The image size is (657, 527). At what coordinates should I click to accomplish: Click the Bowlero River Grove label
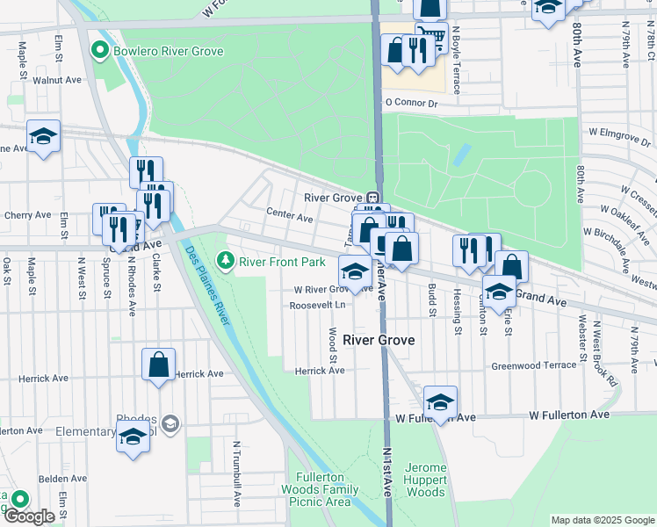pyautogui.click(x=168, y=51)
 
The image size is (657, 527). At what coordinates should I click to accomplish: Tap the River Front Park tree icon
pyautogui.click(x=227, y=260)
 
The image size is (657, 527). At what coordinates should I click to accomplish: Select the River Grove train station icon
pyautogui.click(x=372, y=198)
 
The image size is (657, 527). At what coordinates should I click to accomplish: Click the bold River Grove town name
pyautogui.click(x=379, y=339)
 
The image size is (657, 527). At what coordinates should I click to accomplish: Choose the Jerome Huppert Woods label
pyautogui.click(x=426, y=480)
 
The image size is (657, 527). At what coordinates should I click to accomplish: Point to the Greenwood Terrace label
pyautogui.click(x=533, y=365)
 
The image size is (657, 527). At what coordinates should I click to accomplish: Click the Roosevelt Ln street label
pyautogui.click(x=318, y=306)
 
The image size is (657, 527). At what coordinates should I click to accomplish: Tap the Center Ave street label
pyautogui.click(x=290, y=218)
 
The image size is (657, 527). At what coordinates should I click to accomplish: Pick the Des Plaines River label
pyautogui.click(x=207, y=285)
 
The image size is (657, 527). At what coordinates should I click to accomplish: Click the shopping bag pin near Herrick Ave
pyautogui.click(x=158, y=364)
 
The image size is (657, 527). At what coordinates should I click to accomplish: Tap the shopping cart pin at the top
pyautogui.click(x=431, y=37)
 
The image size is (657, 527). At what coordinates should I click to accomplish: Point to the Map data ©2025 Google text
pyautogui.click(x=602, y=520)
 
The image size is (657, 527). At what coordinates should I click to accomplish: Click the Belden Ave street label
pyautogui.click(x=66, y=479)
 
